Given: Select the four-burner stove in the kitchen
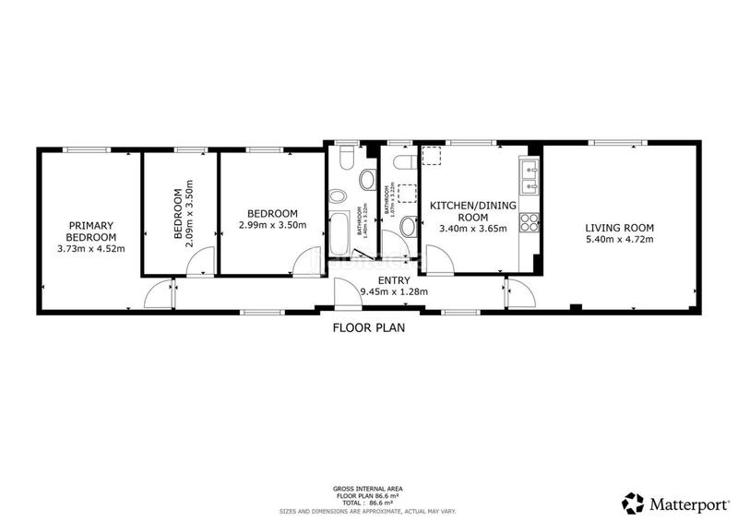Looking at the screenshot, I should click(x=530, y=221).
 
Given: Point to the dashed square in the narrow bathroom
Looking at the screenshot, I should click(x=404, y=193).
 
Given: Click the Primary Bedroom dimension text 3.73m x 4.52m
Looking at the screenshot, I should click(x=90, y=248).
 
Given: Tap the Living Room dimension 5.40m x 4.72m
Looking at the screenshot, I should click(x=619, y=240).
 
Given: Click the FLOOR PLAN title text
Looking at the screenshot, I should click(x=369, y=326).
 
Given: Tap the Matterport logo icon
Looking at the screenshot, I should click(x=632, y=503).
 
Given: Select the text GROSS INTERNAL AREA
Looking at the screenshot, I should click(x=368, y=488).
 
